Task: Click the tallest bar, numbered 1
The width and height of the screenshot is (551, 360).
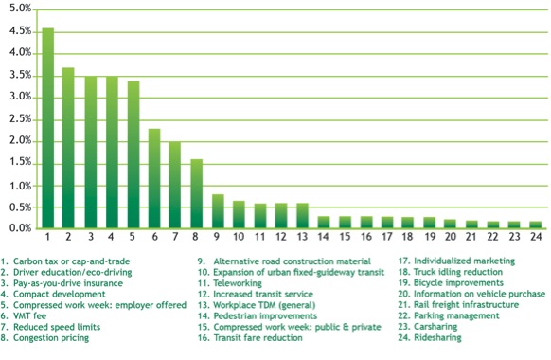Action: click(47, 128)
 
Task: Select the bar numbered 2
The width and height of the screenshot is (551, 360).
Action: click(68, 148)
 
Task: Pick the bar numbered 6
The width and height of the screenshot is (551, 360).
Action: click(154, 178)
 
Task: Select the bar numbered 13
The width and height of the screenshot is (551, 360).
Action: click(302, 216)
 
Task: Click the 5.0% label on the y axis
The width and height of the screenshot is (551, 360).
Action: click(17, 8)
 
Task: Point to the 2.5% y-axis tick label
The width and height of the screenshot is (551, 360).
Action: click(17, 118)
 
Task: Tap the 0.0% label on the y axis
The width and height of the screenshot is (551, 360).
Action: click(17, 228)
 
